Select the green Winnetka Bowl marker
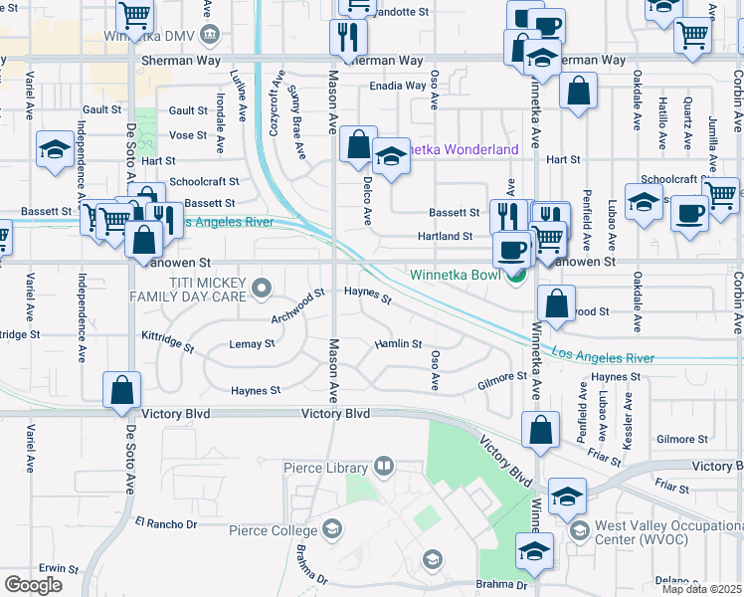coord(514,276)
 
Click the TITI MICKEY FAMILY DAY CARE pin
coord(262,289)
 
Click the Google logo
coord(33,584)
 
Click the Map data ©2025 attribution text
coord(700,589)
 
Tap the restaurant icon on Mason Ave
coord(348,37)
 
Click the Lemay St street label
coord(253,343)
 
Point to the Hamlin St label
coord(398,343)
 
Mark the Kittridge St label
coord(166,342)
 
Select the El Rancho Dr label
coord(167,522)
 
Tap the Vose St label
coord(187,135)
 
